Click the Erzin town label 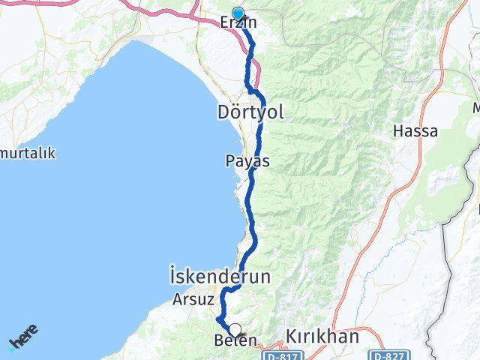[238, 23]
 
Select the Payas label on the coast [247, 161]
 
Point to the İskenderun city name [220, 277]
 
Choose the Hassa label [415, 130]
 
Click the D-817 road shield [278, 353]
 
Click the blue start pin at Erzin [238, 13]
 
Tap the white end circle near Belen [235, 329]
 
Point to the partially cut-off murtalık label [28, 153]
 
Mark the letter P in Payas [229, 161]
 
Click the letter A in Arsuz [176, 298]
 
